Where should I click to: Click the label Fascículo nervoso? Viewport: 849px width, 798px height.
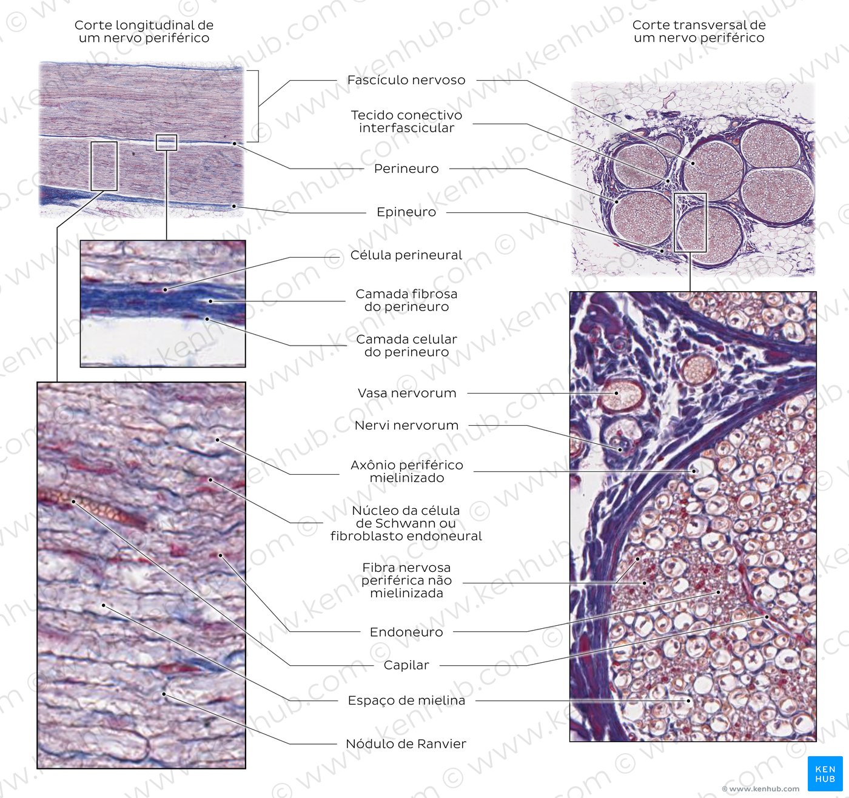(x=406, y=80)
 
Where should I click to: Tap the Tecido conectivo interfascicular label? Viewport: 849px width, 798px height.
(x=406, y=121)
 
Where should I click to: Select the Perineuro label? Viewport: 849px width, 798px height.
(x=406, y=169)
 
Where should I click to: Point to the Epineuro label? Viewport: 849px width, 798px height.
(x=406, y=212)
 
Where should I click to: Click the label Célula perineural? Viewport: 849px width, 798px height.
(x=406, y=255)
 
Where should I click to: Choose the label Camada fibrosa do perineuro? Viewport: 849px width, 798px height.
(x=406, y=300)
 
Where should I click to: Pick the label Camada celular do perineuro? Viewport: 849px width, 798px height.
(x=406, y=346)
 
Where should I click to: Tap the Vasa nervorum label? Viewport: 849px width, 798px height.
(x=406, y=393)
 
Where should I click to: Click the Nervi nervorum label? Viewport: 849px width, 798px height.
(x=406, y=426)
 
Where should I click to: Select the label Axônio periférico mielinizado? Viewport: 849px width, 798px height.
(x=406, y=471)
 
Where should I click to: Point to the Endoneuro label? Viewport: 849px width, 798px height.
(x=406, y=632)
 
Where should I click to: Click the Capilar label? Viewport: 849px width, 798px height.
(x=406, y=665)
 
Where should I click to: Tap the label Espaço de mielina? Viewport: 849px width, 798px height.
(x=406, y=700)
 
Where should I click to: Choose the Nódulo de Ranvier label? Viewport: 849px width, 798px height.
(x=406, y=743)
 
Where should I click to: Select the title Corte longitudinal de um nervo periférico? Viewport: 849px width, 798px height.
(x=144, y=31)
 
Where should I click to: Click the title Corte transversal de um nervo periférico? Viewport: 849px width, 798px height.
(x=699, y=31)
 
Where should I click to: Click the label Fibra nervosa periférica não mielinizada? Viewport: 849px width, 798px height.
(x=406, y=580)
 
